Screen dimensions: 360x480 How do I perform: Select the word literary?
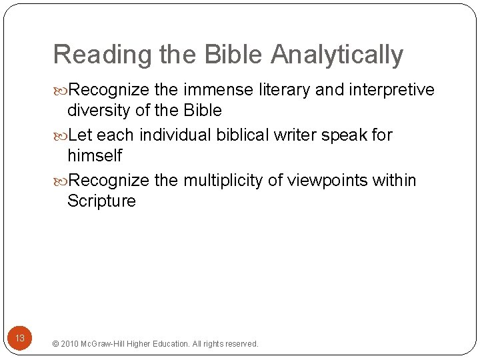pyautogui.click(x=283, y=90)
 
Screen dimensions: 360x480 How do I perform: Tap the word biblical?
pyautogui.click(x=243, y=135)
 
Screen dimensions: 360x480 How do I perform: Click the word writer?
pyautogui.click(x=296, y=135)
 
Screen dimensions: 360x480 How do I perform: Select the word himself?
pyautogui.click(x=95, y=155)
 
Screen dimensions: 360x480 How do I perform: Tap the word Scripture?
pyautogui.click(x=101, y=201)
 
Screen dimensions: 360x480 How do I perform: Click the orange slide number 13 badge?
pyautogui.click(x=20, y=339)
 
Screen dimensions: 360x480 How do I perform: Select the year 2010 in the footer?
pyautogui.click(x=69, y=344)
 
